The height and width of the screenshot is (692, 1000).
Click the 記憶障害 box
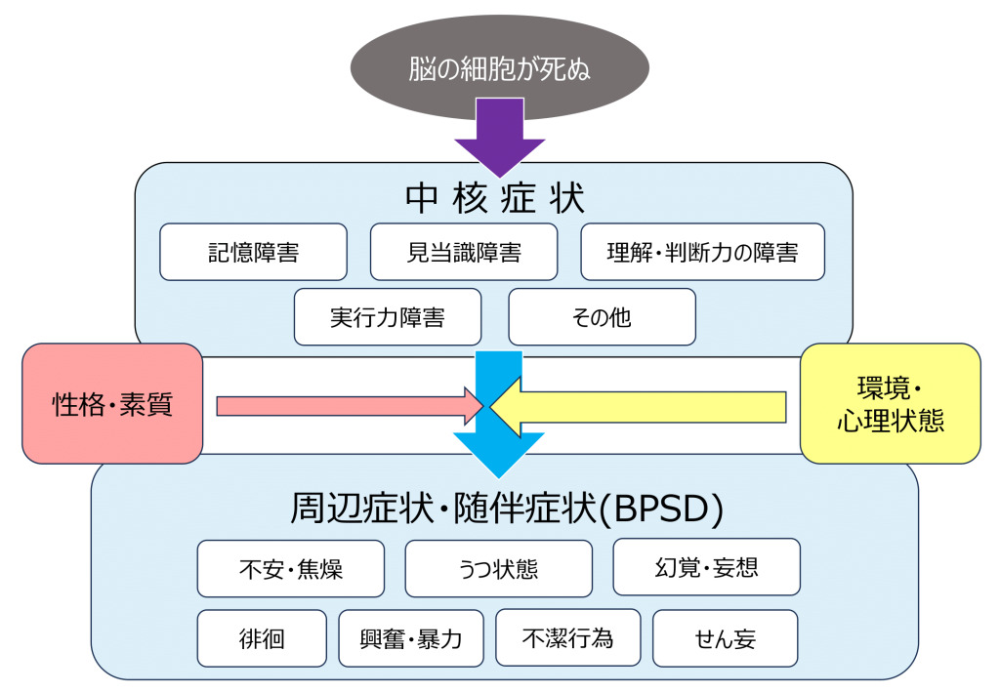(253, 252)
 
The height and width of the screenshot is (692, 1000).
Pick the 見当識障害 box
(464, 252)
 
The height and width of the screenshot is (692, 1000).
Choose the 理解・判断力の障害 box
(702, 252)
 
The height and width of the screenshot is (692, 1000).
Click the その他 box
(602, 316)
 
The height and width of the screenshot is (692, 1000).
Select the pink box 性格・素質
(112, 403)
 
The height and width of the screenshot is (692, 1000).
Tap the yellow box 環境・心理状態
(890, 403)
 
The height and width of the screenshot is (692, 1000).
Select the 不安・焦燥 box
(290, 568)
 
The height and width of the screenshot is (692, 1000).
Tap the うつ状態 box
(498, 568)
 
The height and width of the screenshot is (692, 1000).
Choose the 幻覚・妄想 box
(706, 566)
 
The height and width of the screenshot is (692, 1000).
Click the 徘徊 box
(262, 638)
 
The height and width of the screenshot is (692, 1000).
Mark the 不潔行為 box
(567, 637)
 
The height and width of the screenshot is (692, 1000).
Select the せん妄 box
(725, 638)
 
